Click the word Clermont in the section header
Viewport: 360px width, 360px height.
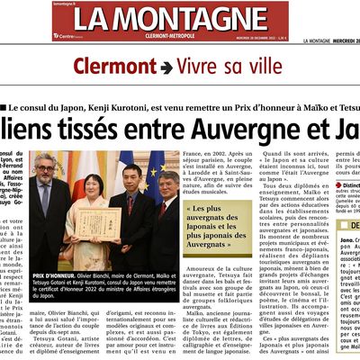click(115, 67)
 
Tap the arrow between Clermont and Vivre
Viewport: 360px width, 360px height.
click(167, 67)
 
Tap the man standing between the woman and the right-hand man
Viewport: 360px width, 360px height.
click(133, 202)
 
